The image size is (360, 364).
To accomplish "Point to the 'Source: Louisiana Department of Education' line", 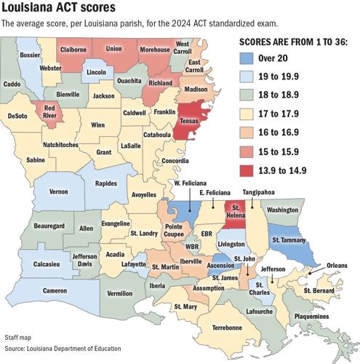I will pos(63,349).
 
